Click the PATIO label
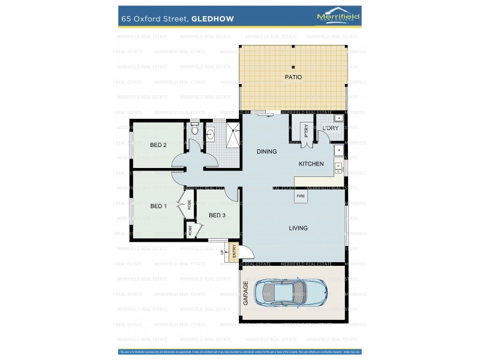[293, 77]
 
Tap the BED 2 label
[158, 145]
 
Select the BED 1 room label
[158, 206]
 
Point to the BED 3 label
[217, 215]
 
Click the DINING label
[266, 152]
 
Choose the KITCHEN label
[311, 164]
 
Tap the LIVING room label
[298, 228]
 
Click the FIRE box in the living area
[301, 196]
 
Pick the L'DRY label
[330, 128]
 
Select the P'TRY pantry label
[305, 131]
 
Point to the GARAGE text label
[245, 293]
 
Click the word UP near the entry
[222, 253]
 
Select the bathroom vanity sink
[210, 135]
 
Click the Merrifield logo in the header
[338, 17]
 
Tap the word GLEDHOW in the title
[212, 19]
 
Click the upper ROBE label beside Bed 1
[189, 205]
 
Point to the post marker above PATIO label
[293, 67]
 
